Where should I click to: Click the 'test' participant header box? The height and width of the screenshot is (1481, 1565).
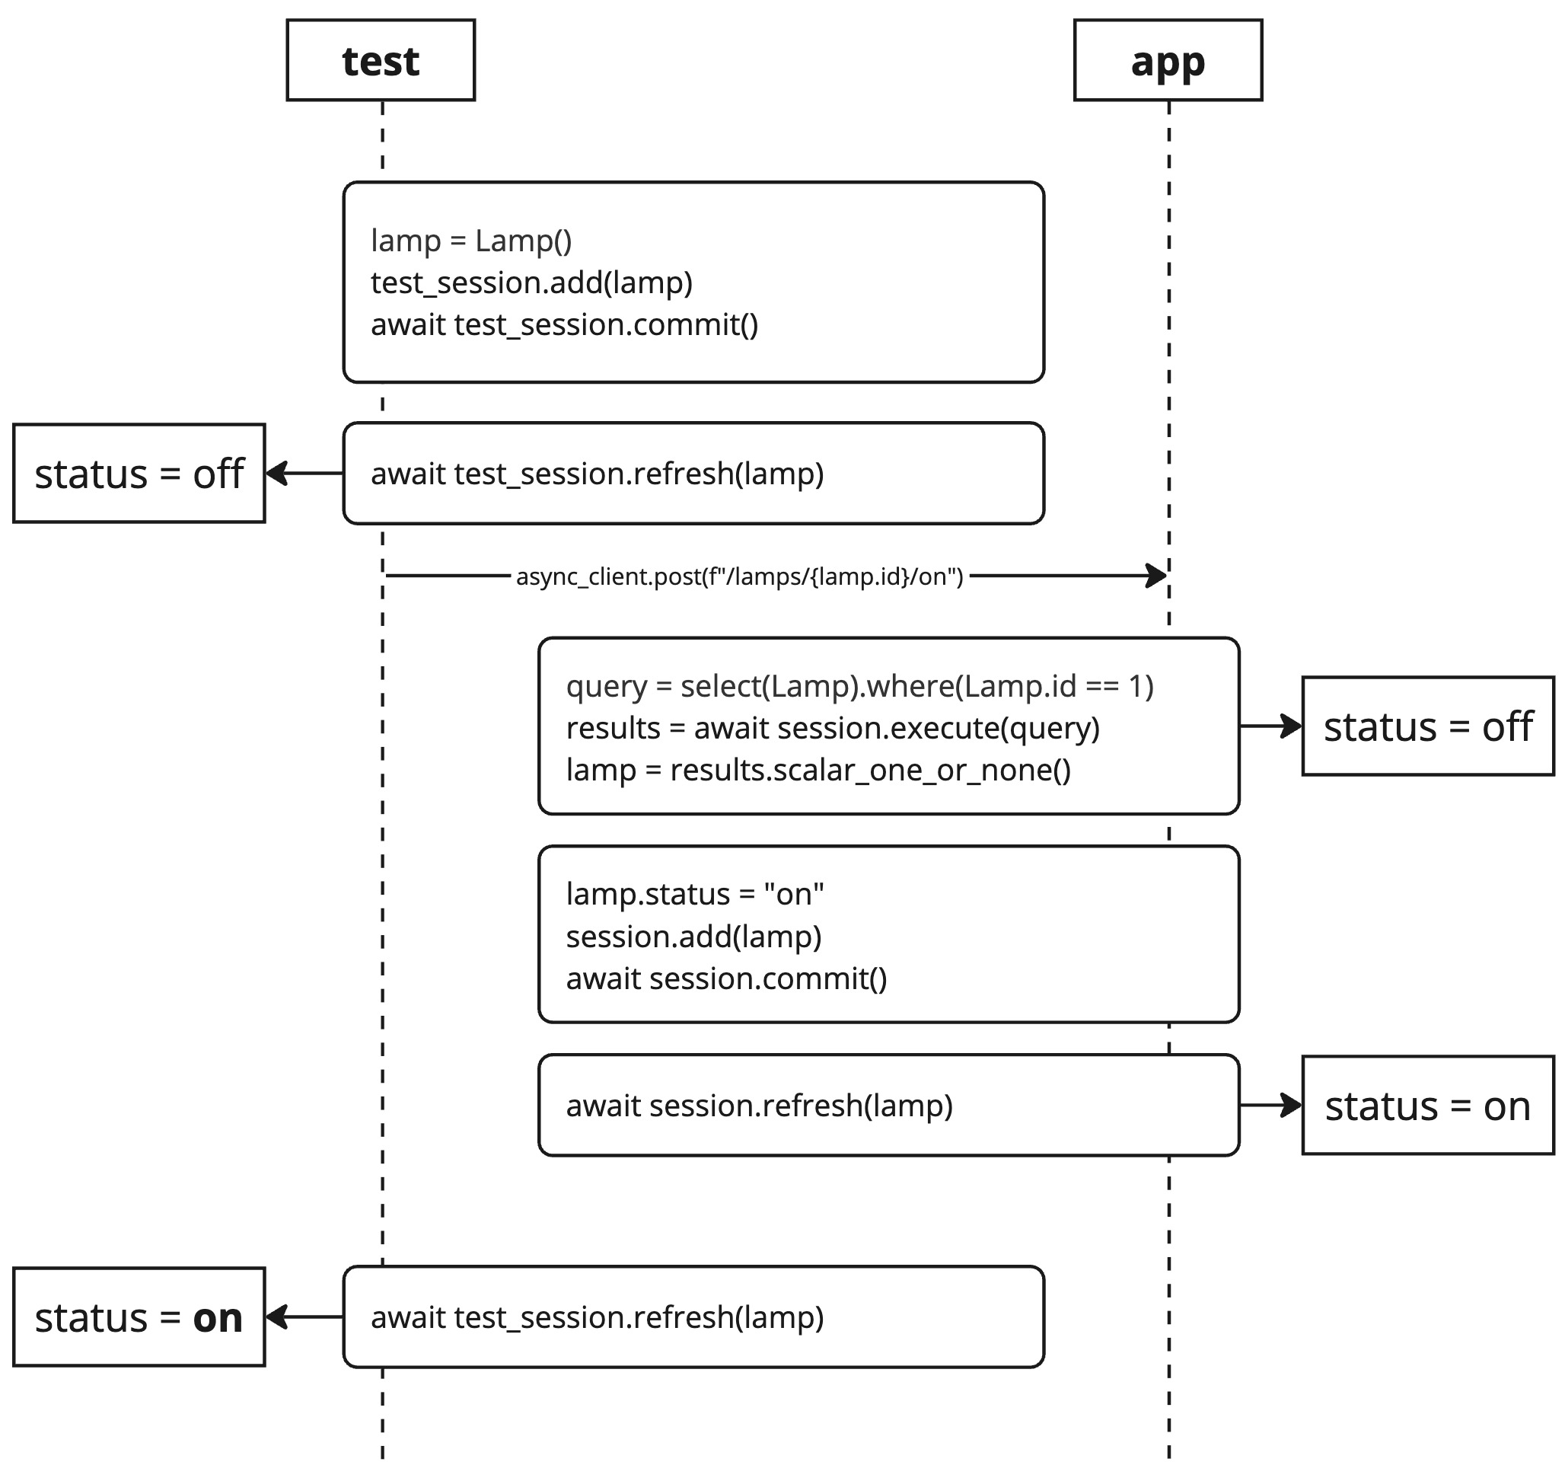381,61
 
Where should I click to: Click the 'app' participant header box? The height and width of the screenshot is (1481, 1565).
1167,61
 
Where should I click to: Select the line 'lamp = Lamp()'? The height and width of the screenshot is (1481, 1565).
471,241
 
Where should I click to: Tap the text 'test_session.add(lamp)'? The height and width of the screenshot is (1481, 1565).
531,282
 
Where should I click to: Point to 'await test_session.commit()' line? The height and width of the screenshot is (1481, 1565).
564,325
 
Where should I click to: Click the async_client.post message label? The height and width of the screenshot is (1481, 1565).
739,577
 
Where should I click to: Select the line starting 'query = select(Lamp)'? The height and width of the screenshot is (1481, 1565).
859,686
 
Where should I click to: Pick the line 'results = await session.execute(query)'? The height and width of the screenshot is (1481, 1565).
833,728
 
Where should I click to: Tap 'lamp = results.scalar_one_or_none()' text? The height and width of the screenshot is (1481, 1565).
818,770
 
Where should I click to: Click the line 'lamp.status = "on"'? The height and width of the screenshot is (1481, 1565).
694,895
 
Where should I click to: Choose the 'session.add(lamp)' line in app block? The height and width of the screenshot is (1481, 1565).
693,937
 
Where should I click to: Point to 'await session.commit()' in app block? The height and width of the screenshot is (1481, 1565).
726,979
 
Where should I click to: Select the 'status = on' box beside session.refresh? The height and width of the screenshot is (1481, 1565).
1427,1106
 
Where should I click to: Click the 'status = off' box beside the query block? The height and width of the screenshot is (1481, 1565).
1427,726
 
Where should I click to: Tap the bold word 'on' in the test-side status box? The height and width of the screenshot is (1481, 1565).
217,1318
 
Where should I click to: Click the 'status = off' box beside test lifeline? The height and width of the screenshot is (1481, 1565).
139,474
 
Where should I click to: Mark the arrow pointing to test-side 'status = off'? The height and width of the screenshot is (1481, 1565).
304,474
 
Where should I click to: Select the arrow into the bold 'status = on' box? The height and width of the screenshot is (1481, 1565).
304,1317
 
